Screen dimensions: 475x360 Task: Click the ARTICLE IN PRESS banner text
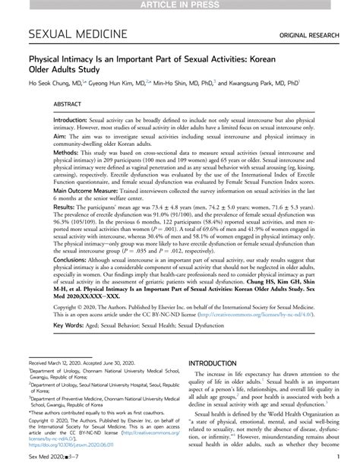point(179,6)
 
